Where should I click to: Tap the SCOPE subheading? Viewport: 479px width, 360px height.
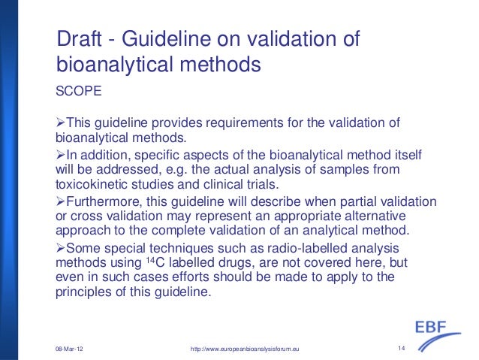tap(77, 92)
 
